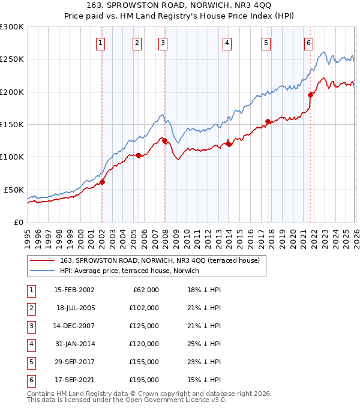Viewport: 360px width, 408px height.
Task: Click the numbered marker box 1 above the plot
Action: coord(100,43)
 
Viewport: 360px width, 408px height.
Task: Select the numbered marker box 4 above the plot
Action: coord(227,43)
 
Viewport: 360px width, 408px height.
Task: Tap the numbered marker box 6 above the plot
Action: coord(308,43)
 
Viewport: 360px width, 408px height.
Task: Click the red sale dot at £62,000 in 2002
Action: coord(102,182)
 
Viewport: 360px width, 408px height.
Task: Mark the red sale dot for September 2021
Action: coord(310,95)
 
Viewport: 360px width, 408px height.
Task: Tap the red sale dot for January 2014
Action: coord(229,144)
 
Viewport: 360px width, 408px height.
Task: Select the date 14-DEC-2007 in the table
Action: coord(74,326)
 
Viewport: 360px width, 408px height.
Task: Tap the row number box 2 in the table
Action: coord(30,308)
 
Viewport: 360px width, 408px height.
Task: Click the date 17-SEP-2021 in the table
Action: coord(74,380)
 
